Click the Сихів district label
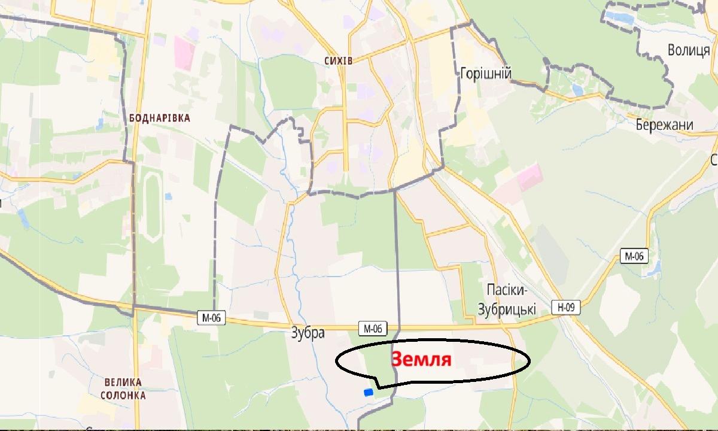coord(338,61)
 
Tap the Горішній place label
coord(485,73)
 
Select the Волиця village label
coord(689,50)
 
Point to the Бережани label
coord(665,125)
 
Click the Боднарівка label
coord(159,118)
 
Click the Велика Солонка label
coord(123,389)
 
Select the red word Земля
coord(421,359)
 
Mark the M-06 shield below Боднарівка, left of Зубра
coord(211,318)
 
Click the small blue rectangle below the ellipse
coord(368,392)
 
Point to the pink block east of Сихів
coord(529,177)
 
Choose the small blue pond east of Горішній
coord(577,90)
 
